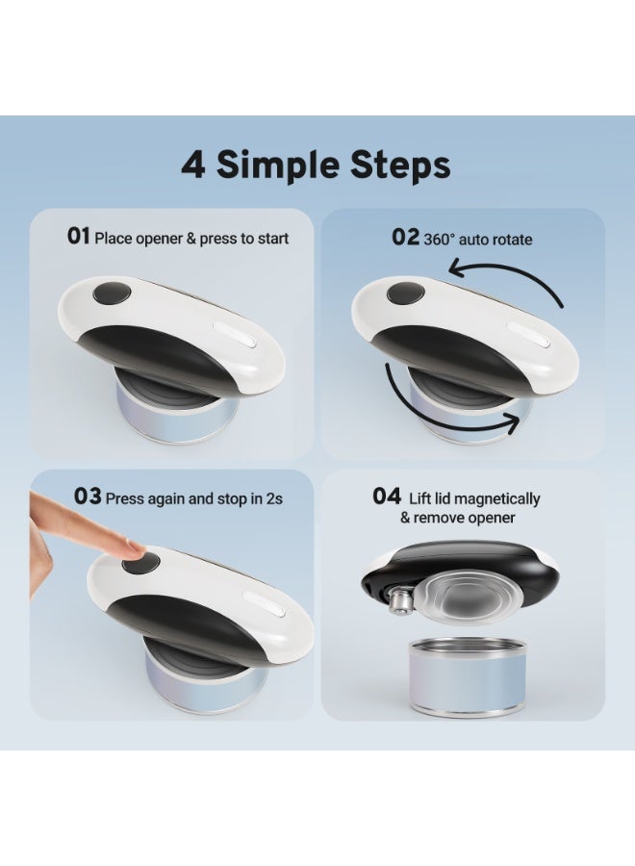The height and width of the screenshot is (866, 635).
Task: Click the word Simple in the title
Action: pyautogui.click(x=277, y=165)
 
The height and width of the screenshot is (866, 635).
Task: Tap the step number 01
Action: pyautogui.click(x=78, y=237)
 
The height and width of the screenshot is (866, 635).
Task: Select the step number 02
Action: pyautogui.click(x=405, y=238)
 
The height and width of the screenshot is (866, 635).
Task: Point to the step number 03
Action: pyautogui.click(x=88, y=497)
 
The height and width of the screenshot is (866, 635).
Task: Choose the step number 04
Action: pyautogui.click(x=387, y=496)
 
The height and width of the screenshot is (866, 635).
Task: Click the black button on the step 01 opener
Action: pyautogui.click(x=112, y=293)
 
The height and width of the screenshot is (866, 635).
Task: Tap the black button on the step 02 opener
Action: pyautogui.click(x=405, y=293)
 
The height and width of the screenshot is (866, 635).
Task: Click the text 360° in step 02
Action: pyautogui.click(x=439, y=240)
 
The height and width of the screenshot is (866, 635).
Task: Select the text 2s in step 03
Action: pyautogui.click(x=274, y=498)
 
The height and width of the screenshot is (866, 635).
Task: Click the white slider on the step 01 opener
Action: pyautogui.click(x=235, y=333)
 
